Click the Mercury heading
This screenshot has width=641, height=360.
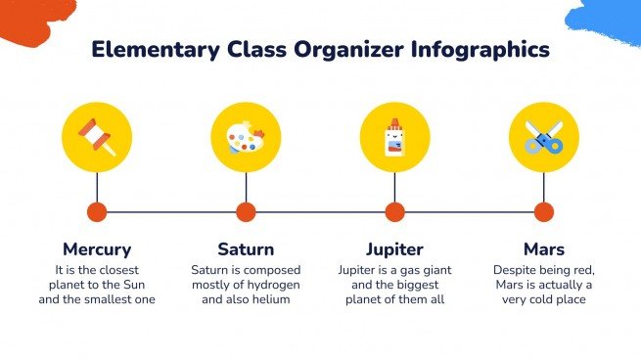point(97,248)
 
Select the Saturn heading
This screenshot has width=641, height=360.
point(246,248)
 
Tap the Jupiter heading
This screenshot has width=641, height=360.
point(394,248)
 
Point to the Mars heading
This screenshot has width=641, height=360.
point(544,248)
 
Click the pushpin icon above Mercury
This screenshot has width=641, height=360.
point(97,138)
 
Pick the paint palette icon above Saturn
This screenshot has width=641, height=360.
point(246,138)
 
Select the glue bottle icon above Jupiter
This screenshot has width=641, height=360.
point(394,138)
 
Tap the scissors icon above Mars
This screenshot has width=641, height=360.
point(544,138)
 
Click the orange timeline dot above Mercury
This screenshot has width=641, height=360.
point(97,211)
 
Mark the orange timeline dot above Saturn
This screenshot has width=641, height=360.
point(246,211)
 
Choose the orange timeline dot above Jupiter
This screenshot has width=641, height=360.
point(394,211)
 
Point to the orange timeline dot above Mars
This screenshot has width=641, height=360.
point(544,211)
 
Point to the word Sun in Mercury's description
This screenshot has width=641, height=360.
point(144,284)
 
